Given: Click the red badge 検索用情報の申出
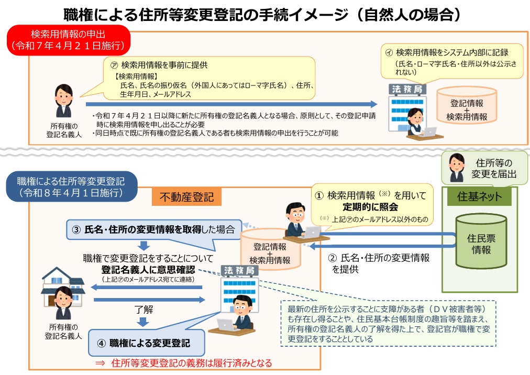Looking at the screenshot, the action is [69, 40].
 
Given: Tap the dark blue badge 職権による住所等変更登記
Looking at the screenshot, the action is [72, 186].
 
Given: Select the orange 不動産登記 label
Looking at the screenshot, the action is [186, 197].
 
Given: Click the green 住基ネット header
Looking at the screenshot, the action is [479, 196].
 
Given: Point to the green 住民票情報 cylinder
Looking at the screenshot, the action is [481, 241].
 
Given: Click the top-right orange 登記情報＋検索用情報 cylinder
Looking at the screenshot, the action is [467, 105].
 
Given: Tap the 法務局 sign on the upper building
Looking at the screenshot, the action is [407, 89].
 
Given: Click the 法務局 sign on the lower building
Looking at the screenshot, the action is [239, 271].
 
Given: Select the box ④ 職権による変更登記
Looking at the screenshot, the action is [147, 343].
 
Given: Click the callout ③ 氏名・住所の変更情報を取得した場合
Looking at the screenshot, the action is [154, 229].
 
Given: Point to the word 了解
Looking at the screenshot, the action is [143, 309].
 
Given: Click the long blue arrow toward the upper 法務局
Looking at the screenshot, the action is [231, 104].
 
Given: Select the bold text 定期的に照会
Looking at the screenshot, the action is [370, 206].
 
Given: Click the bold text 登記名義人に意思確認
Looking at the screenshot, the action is [148, 270].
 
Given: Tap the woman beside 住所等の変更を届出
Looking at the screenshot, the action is [457, 168].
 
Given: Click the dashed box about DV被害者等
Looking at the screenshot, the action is [389, 324].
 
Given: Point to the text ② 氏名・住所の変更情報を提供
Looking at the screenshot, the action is [379, 263].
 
